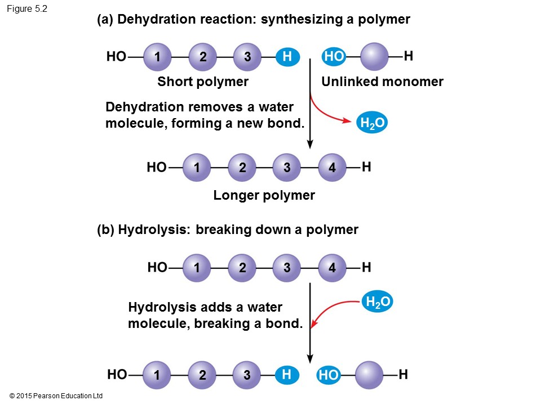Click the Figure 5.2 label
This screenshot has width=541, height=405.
tap(27, 8)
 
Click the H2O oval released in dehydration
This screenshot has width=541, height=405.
tap(371, 124)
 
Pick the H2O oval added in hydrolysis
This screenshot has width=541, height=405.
tap(377, 303)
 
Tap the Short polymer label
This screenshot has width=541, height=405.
tap(203, 82)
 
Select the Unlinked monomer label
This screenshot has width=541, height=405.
tap(382, 82)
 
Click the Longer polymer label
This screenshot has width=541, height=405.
tap(264, 196)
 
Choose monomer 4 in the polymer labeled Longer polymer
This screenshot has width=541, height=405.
tap(332, 168)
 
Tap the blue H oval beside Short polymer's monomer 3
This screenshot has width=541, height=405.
tap(287, 56)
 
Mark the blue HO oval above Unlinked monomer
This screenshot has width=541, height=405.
tap(334, 56)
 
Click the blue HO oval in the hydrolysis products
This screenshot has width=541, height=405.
tap(329, 375)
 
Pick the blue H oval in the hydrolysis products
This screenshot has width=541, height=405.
tap(287, 374)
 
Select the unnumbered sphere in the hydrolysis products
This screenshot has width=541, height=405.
tap(369, 375)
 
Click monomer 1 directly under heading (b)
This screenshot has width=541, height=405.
tap(197, 268)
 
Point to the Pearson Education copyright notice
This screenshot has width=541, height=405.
tap(56, 396)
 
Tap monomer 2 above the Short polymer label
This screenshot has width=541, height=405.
tap(203, 56)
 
